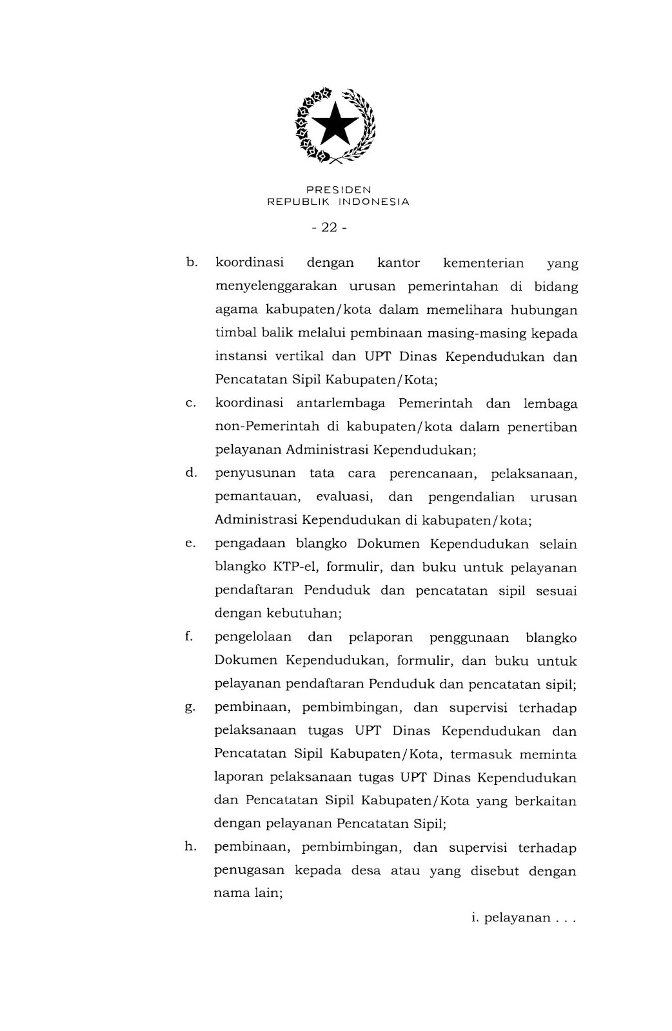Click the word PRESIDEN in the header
[339, 190]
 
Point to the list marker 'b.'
[190, 262]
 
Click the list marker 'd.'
[190, 473]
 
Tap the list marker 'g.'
[190, 708]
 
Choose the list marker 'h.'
[190, 847]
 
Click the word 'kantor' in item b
[398, 263]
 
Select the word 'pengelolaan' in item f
[253, 637]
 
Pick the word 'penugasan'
[249, 871]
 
